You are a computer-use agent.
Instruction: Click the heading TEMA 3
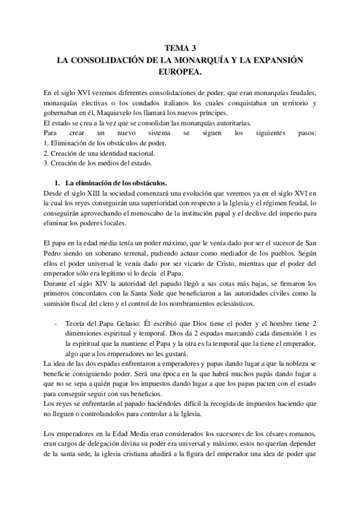click(180, 50)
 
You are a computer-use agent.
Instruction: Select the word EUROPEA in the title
click(178, 72)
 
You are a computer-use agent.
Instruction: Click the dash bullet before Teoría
click(56, 325)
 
